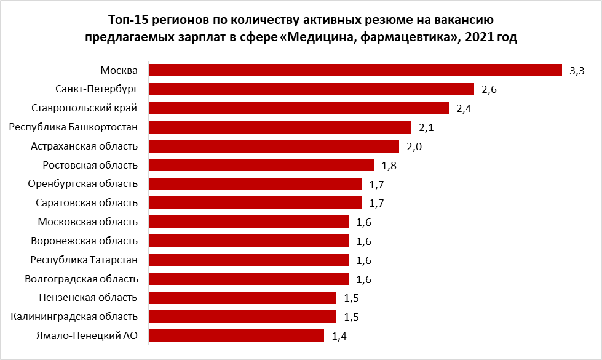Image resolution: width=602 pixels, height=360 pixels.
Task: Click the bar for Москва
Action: pos(355,70)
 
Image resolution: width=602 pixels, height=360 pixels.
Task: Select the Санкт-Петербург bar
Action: pos(311,89)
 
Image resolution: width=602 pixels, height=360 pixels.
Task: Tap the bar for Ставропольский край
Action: pos(299,108)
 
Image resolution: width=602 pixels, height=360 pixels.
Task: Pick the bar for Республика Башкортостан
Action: pos(280,127)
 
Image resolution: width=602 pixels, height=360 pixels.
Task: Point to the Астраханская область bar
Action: pos(274,146)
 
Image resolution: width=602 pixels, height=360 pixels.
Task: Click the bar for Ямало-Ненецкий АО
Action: pos(236,336)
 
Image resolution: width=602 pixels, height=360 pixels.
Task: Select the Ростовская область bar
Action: pos(261,165)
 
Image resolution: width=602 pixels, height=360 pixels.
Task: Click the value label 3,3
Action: pos(577,71)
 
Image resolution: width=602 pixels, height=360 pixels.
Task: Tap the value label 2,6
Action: pos(489,90)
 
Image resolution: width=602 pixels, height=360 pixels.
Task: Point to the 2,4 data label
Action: pos(464,109)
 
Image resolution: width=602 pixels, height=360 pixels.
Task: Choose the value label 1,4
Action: pos(339,337)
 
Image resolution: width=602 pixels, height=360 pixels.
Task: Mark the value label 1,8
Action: pos(389,166)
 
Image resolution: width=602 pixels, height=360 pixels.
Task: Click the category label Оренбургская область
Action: pos(83,183)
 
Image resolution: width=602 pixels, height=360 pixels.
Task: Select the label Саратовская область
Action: pos(86,202)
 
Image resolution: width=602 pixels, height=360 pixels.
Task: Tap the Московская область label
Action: pos(87,222)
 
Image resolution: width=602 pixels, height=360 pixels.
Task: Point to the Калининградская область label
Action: pos(74,316)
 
